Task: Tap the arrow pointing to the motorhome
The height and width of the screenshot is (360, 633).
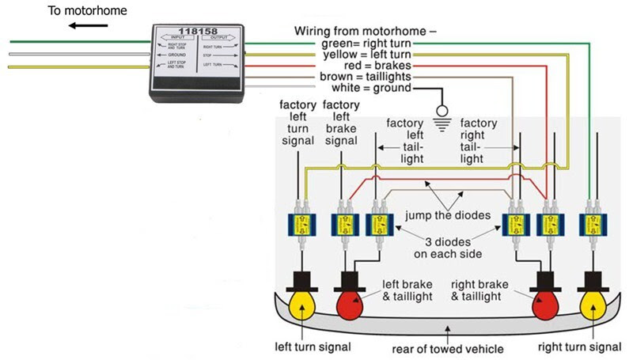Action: click(87, 26)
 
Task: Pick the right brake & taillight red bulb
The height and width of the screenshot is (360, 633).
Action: click(544, 302)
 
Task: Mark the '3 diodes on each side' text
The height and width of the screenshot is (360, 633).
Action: click(445, 248)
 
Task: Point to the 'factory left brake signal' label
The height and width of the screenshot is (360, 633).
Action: click(342, 123)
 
